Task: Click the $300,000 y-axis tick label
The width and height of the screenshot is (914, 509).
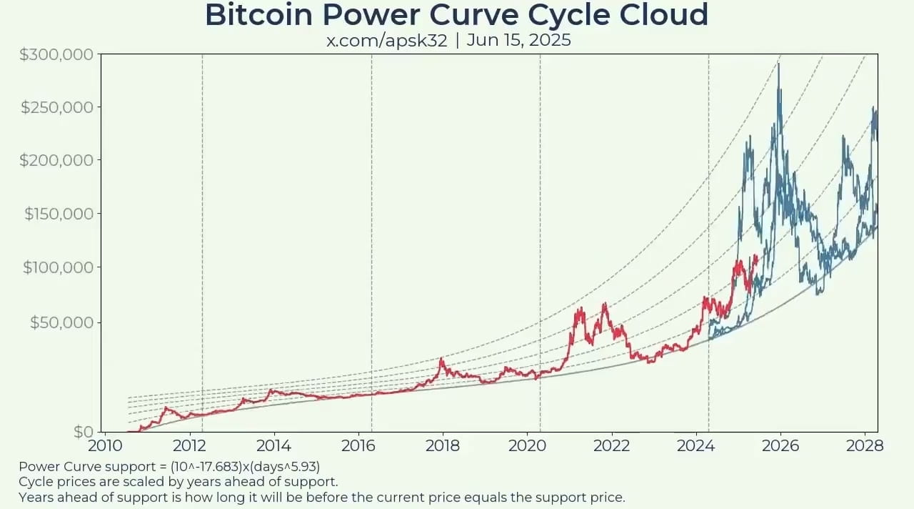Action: pos(56,54)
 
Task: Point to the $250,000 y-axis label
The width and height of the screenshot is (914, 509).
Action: pos(56,108)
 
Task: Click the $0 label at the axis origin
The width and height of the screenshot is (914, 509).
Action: pos(84,432)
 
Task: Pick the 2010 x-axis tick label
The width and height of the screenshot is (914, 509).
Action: pos(105,445)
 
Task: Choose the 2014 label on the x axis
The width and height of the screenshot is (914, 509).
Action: pos(273,445)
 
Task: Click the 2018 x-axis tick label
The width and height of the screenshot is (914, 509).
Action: pos(442,445)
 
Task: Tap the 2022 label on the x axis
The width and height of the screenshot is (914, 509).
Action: pos(611,445)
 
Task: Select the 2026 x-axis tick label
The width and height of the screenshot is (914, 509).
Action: pos(780,445)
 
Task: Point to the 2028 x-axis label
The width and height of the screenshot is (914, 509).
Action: pos(865,445)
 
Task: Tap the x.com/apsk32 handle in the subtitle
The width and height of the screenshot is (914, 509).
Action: pos(386,40)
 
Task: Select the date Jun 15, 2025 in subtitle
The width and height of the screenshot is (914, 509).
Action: pos(518,40)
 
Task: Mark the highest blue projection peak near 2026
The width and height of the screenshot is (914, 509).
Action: pos(778,65)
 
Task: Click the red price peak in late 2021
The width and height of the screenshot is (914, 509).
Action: pos(605,304)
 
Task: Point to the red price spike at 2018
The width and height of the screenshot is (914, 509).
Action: pos(441,359)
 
